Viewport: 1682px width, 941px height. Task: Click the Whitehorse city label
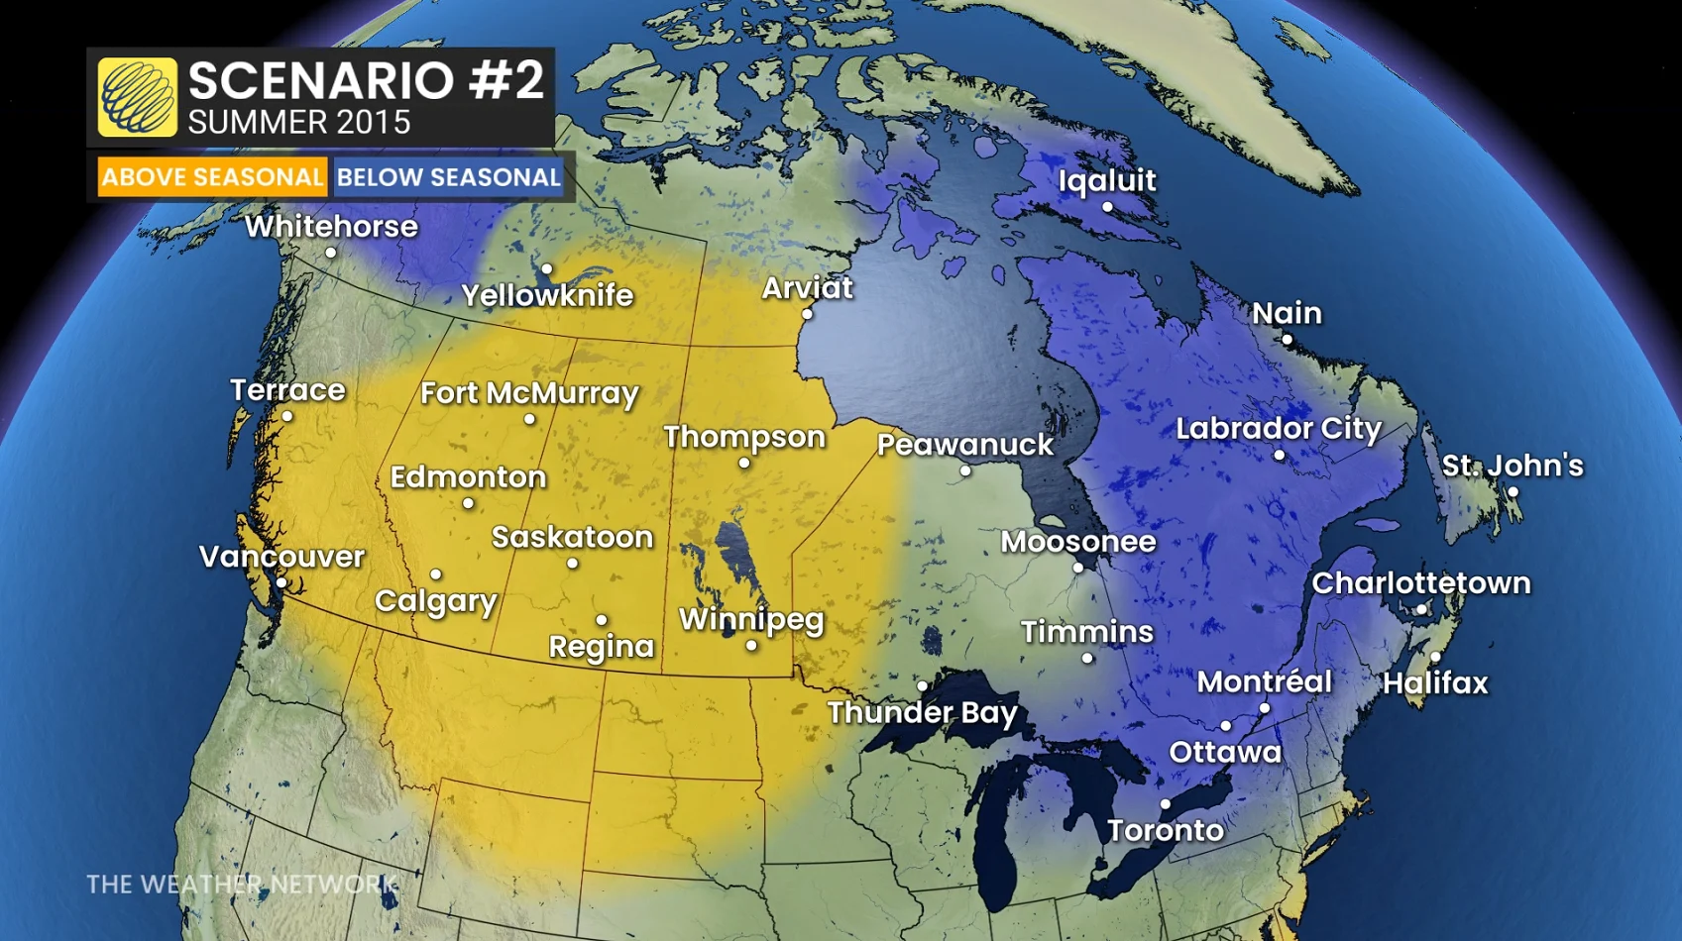(331, 227)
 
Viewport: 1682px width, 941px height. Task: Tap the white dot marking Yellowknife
(547, 268)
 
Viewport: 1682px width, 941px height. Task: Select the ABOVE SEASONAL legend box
(212, 177)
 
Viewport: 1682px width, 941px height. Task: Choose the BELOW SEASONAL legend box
(448, 177)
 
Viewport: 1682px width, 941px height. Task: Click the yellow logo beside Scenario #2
(138, 97)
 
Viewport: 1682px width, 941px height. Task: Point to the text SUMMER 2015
(298, 123)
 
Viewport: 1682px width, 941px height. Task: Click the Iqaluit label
(1106, 180)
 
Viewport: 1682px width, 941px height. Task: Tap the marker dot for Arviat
(807, 314)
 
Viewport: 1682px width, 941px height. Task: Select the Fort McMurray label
(529, 393)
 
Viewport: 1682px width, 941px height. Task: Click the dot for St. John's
(1513, 492)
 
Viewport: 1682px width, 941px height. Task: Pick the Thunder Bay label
(922, 712)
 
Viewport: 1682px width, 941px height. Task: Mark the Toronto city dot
(1166, 804)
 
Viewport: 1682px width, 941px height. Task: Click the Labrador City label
(1278, 429)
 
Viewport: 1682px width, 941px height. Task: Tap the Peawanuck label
(964, 445)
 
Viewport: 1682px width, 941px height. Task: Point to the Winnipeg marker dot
(751, 646)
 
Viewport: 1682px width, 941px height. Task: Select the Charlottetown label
(1420, 583)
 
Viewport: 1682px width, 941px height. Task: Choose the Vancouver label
(281, 557)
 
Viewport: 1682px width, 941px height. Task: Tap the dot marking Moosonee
(1078, 568)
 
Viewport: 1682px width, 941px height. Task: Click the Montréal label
(1264, 681)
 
